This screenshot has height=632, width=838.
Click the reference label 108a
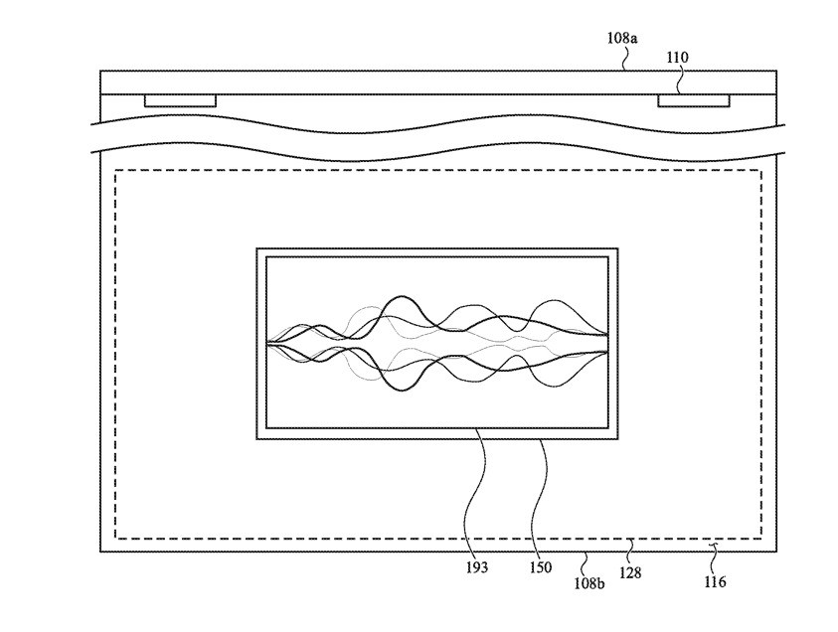pos(622,38)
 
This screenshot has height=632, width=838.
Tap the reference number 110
pos(677,59)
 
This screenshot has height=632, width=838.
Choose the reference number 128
pos(630,572)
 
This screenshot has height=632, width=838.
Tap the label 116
pos(715,581)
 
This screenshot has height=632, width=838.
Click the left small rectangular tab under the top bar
pos(180,100)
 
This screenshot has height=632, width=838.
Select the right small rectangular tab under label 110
pos(693,100)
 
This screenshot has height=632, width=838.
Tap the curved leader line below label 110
pos(681,81)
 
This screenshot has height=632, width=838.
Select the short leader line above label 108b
pos(587,557)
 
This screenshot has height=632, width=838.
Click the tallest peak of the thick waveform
pos(400,297)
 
